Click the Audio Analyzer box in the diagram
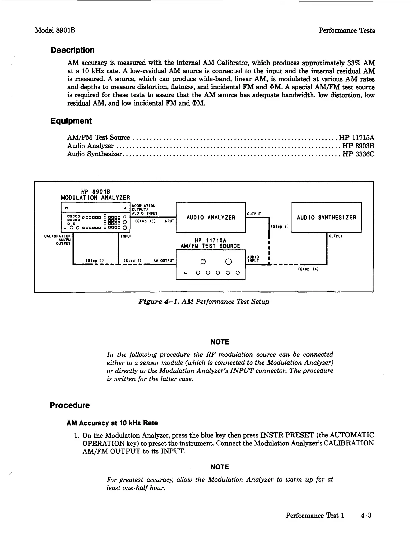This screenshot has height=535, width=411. [x=211, y=217]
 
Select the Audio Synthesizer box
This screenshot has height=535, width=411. [x=326, y=217]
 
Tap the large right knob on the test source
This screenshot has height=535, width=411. [x=228, y=262]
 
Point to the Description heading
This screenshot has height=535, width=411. [x=73, y=50]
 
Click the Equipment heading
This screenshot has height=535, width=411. [x=71, y=121]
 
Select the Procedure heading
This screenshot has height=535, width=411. [x=70, y=405]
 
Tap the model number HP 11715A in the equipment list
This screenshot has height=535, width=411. [x=357, y=138]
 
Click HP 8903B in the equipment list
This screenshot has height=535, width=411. [x=358, y=146]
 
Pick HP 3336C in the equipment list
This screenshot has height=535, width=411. [x=358, y=154]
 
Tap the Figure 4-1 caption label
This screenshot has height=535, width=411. [x=157, y=302]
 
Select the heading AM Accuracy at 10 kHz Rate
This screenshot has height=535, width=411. [x=112, y=423]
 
